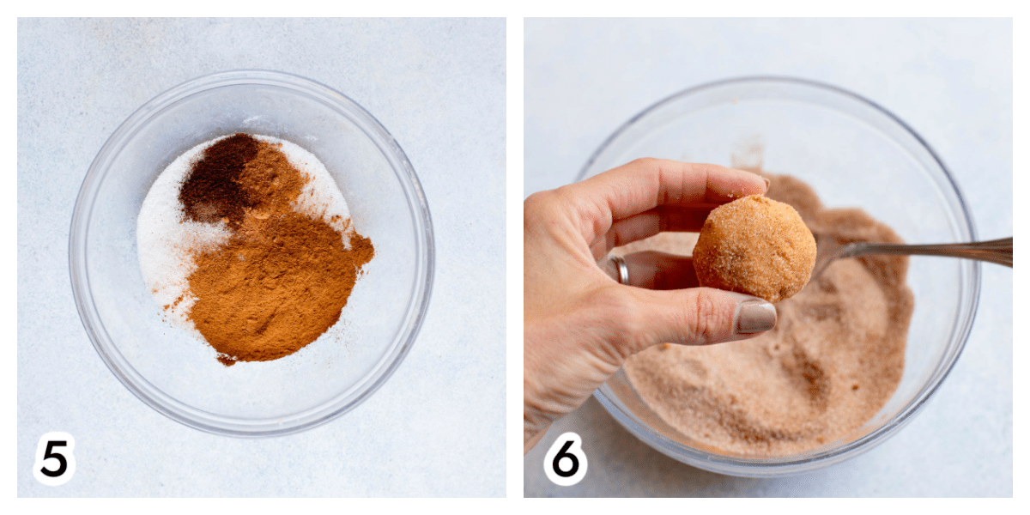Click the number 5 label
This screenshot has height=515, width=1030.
(54, 458)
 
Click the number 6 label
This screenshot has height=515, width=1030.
(565, 458)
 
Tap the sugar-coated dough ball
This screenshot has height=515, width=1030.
(754, 247)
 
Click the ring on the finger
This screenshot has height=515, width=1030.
(619, 270)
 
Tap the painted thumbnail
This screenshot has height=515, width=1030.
(755, 318)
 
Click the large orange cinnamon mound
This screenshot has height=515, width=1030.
(276, 285)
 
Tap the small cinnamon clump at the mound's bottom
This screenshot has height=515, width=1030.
(227, 360)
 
